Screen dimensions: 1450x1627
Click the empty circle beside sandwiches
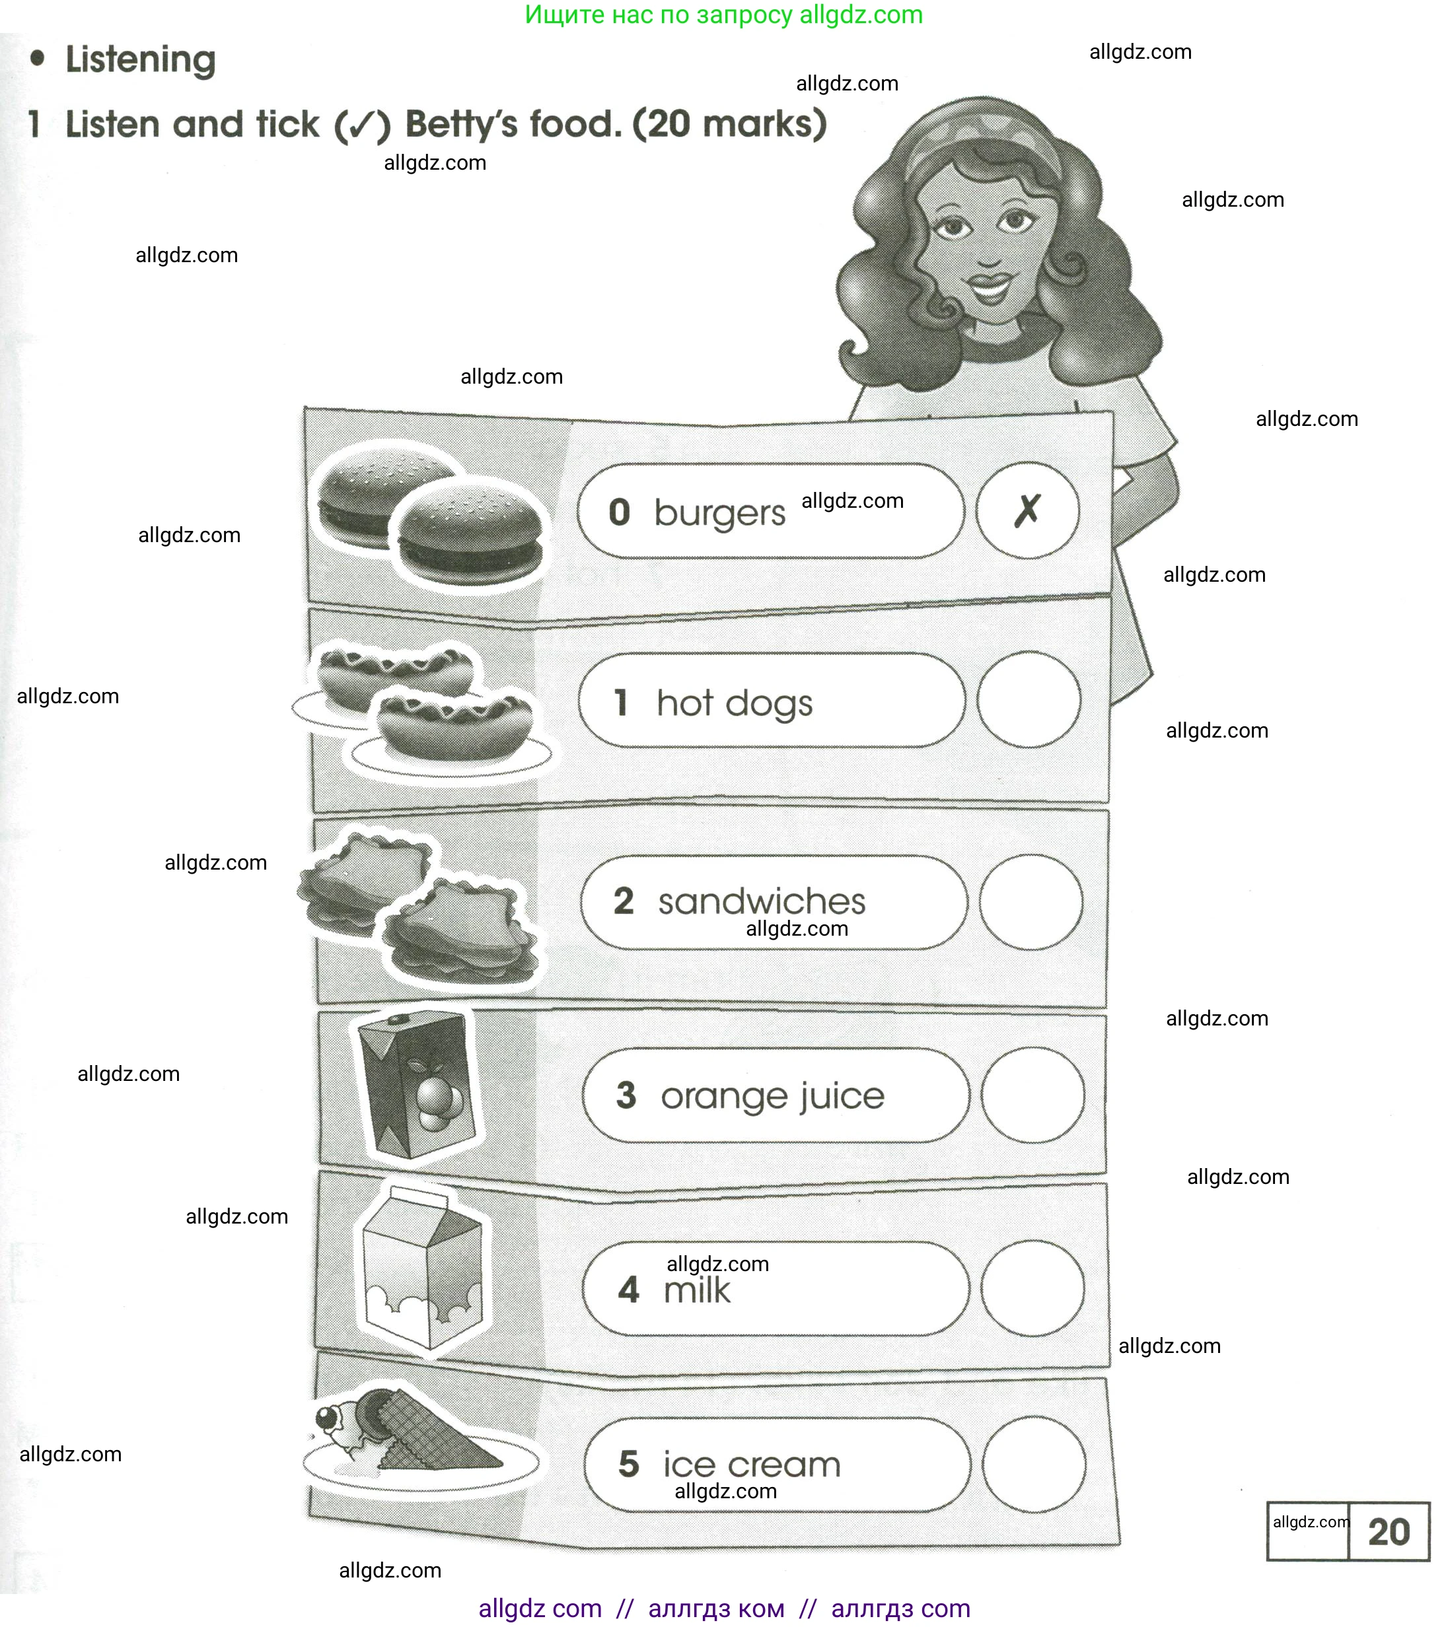pos(1031,901)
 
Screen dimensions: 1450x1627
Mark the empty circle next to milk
pos(1033,1288)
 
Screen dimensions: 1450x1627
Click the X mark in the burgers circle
pos(1028,510)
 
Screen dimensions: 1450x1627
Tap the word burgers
pos(719,514)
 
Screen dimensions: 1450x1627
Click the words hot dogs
pos(735,703)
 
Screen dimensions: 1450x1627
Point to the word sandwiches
pos(762,901)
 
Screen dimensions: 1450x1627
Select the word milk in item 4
pos(697,1290)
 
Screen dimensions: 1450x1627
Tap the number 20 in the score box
pos(1389,1531)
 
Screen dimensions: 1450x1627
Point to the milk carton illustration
pos(422,1269)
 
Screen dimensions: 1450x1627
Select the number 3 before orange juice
pos(626,1095)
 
